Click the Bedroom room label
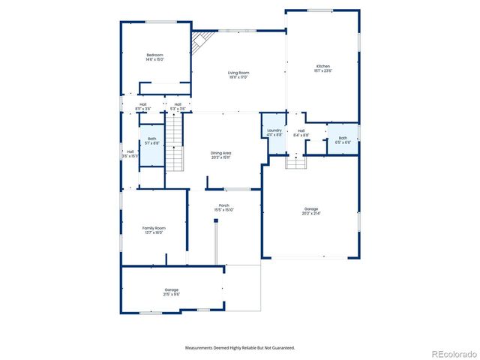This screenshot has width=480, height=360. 155,56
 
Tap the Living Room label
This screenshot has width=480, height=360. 238,74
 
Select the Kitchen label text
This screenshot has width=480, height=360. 322,69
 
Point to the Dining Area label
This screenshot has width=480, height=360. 220,154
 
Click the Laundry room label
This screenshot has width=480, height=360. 274,132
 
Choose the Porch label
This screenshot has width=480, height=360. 224,207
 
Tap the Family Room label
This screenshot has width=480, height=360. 154,229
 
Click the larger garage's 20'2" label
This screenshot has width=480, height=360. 311,211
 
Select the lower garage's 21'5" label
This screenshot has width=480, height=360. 172,292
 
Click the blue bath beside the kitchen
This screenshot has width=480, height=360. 343,139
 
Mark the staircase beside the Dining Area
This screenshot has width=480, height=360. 174,146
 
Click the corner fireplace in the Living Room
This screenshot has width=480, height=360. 200,43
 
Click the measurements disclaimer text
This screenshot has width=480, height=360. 240,348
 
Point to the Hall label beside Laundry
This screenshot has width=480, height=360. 301,133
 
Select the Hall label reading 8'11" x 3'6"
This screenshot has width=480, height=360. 143,106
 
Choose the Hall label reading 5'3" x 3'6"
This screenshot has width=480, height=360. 178,106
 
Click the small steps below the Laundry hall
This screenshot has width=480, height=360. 296,162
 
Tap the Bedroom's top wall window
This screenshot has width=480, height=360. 161,22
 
